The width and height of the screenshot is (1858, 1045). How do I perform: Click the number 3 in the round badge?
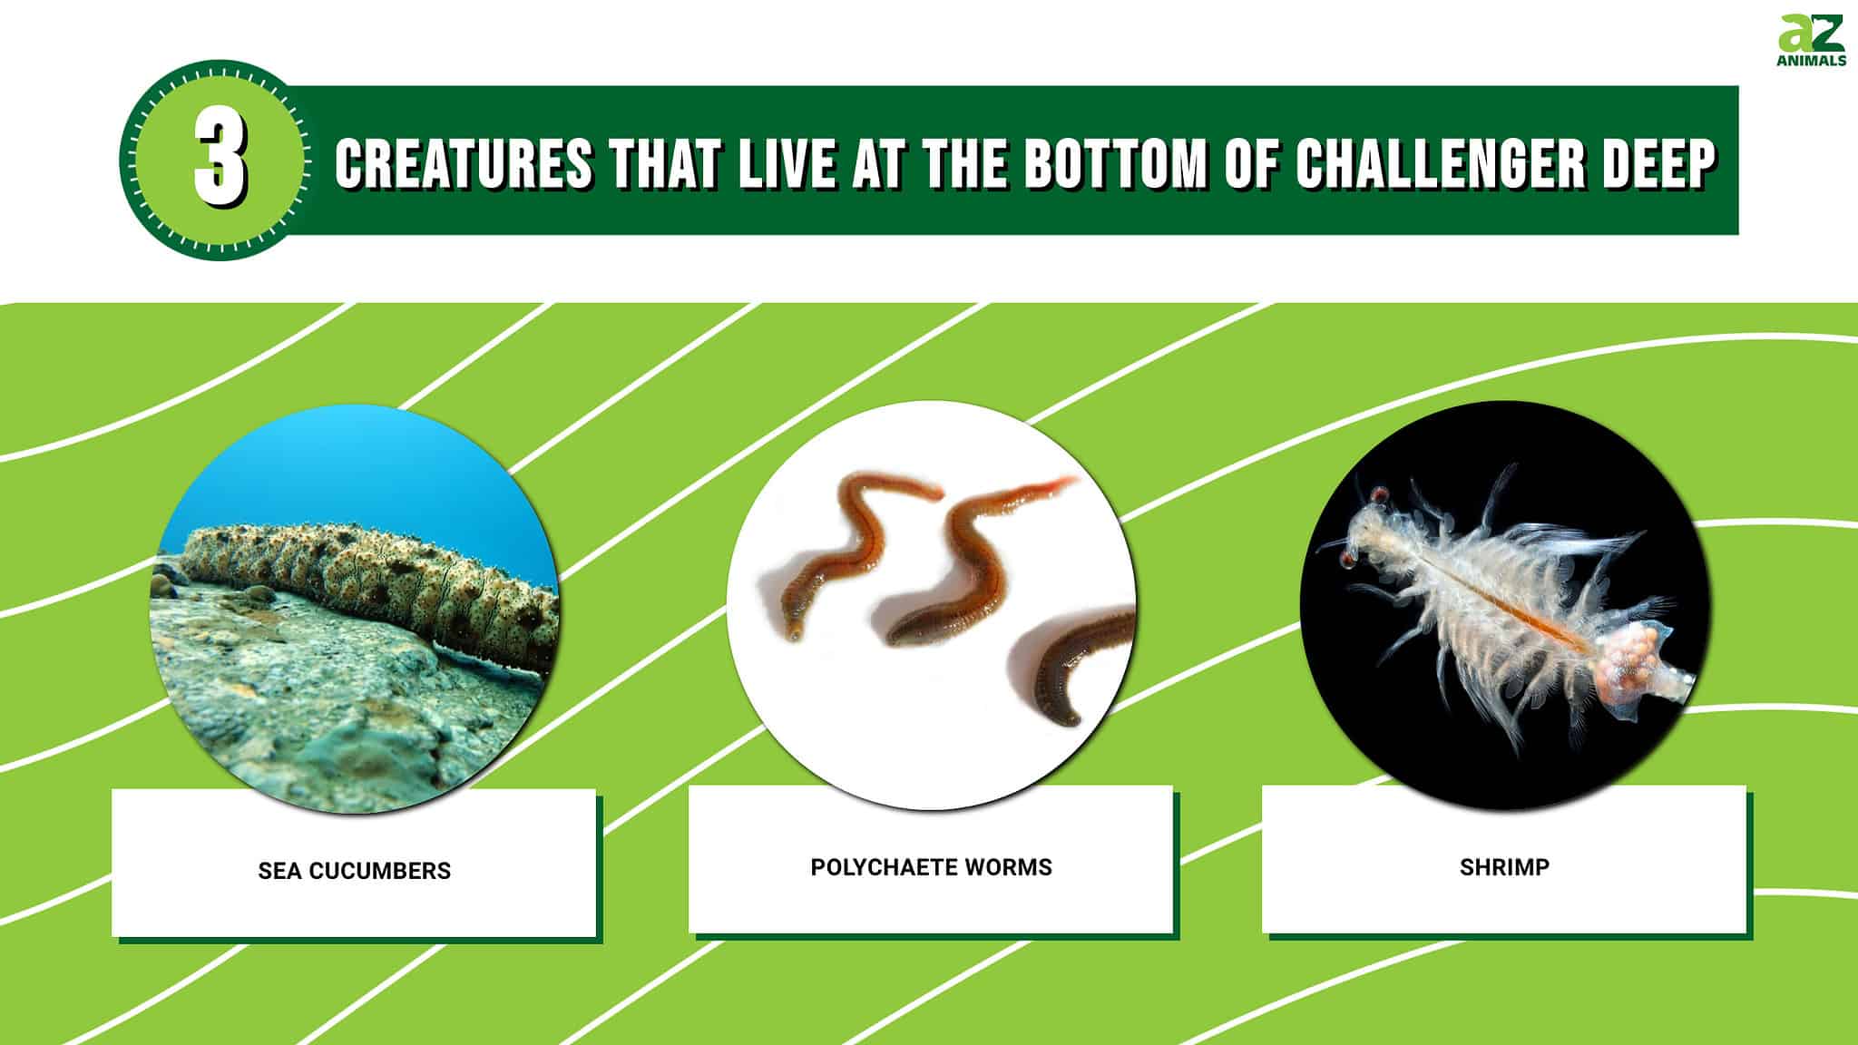220,161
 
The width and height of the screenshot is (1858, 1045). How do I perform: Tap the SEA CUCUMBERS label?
354,871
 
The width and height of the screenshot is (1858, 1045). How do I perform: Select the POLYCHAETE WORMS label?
931,867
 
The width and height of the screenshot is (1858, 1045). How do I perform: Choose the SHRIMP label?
1504,867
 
